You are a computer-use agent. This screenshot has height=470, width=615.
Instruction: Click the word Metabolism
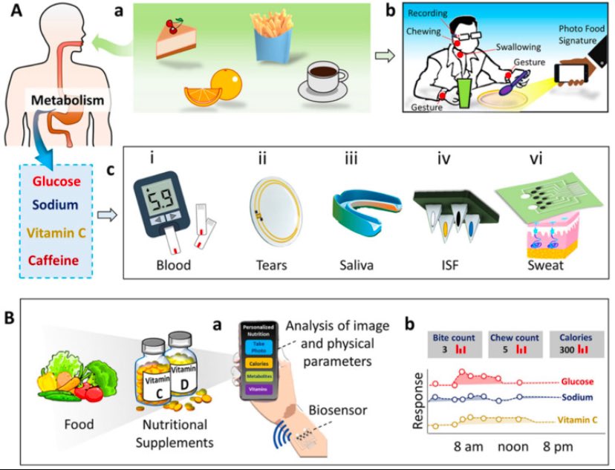[68, 99]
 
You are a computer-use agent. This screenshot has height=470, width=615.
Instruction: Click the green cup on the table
[464, 94]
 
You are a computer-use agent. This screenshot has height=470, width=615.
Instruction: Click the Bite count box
[455, 342]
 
